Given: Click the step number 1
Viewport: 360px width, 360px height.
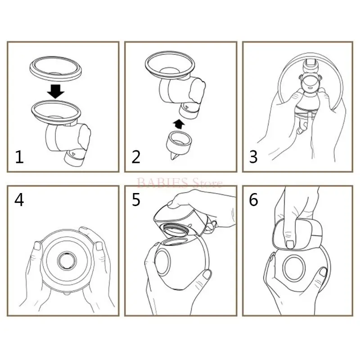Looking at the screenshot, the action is click(19, 157).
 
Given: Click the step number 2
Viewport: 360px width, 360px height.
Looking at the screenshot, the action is click(136, 157).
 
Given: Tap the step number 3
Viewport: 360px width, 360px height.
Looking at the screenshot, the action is click(253, 157).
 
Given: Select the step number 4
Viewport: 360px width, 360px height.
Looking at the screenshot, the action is click(19, 200).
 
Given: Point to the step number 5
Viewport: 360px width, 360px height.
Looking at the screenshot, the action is click(136, 200).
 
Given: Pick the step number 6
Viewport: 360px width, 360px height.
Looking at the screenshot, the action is click(253, 200).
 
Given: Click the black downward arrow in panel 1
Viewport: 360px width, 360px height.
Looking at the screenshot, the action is click(55, 91).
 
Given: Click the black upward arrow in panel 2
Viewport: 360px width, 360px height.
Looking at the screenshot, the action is click(179, 124).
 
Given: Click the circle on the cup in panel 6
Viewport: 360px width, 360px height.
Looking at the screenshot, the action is click(295, 268).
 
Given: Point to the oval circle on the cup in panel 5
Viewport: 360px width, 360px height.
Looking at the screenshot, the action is click(163, 262).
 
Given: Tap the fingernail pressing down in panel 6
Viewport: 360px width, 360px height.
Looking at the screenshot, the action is click(290, 244).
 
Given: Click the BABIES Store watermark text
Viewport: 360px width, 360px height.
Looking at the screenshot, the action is click(180, 183).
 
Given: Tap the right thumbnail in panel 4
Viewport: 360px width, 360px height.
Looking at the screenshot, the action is click(99, 247).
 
